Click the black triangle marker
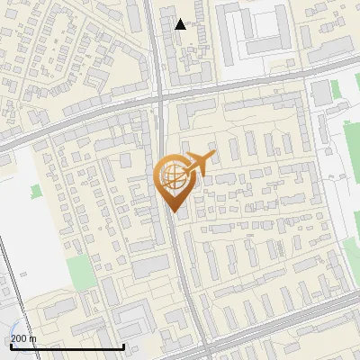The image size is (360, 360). pyautogui.click(x=181, y=24)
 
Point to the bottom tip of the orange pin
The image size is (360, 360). pyautogui.click(x=173, y=212)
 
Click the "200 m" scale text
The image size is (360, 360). pyautogui.click(x=22, y=338)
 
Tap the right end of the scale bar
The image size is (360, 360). pyautogui.click(x=123, y=347)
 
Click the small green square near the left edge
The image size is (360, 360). pyautogui.click(x=35, y=192)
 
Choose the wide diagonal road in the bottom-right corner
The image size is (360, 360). pyautogui.click(x=297, y=326)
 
